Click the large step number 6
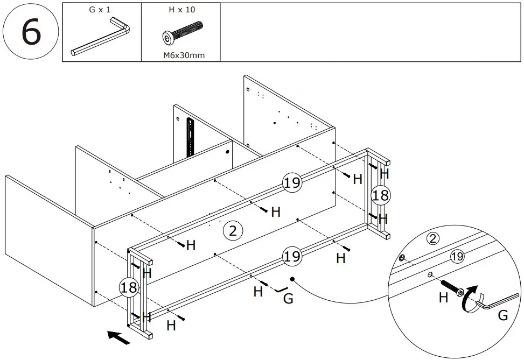pyautogui.click(x=30, y=32)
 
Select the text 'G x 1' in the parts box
pyautogui.click(x=99, y=10)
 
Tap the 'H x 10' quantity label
pyautogui.click(x=182, y=10)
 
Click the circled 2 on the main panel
pyautogui.click(x=233, y=231)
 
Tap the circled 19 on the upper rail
pyautogui.click(x=292, y=183)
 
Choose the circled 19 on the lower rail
pyautogui.click(x=292, y=257)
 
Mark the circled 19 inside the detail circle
pyautogui.click(x=457, y=257)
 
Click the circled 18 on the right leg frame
pyautogui.click(x=380, y=195)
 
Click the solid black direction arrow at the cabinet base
pyautogui.click(x=119, y=337)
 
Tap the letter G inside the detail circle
pyautogui.click(x=502, y=316)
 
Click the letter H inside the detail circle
pyautogui.click(x=443, y=298)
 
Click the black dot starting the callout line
pyautogui.click(x=292, y=279)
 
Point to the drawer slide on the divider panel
pyautogui.click(x=190, y=137)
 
